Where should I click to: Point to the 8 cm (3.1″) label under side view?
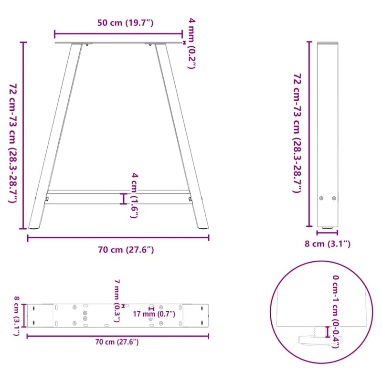pyautogui.click(x=328, y=244)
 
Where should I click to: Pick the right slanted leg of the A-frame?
pyautogui.click(x=183, y=138)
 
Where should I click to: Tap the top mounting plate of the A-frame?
pyautogui.click(x=118, y=43)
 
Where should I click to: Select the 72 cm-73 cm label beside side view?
pyautogui.click(x=297, y=133)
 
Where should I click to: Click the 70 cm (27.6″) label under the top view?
pyautogui.click(x=117, y=342)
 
